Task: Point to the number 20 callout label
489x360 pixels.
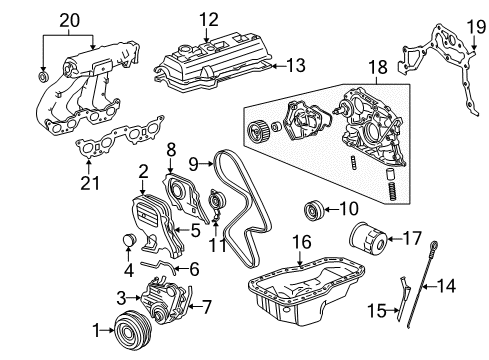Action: click(68, 19)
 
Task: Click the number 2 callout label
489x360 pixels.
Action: click(143, 172)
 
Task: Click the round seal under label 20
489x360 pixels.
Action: click(43, 76)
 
